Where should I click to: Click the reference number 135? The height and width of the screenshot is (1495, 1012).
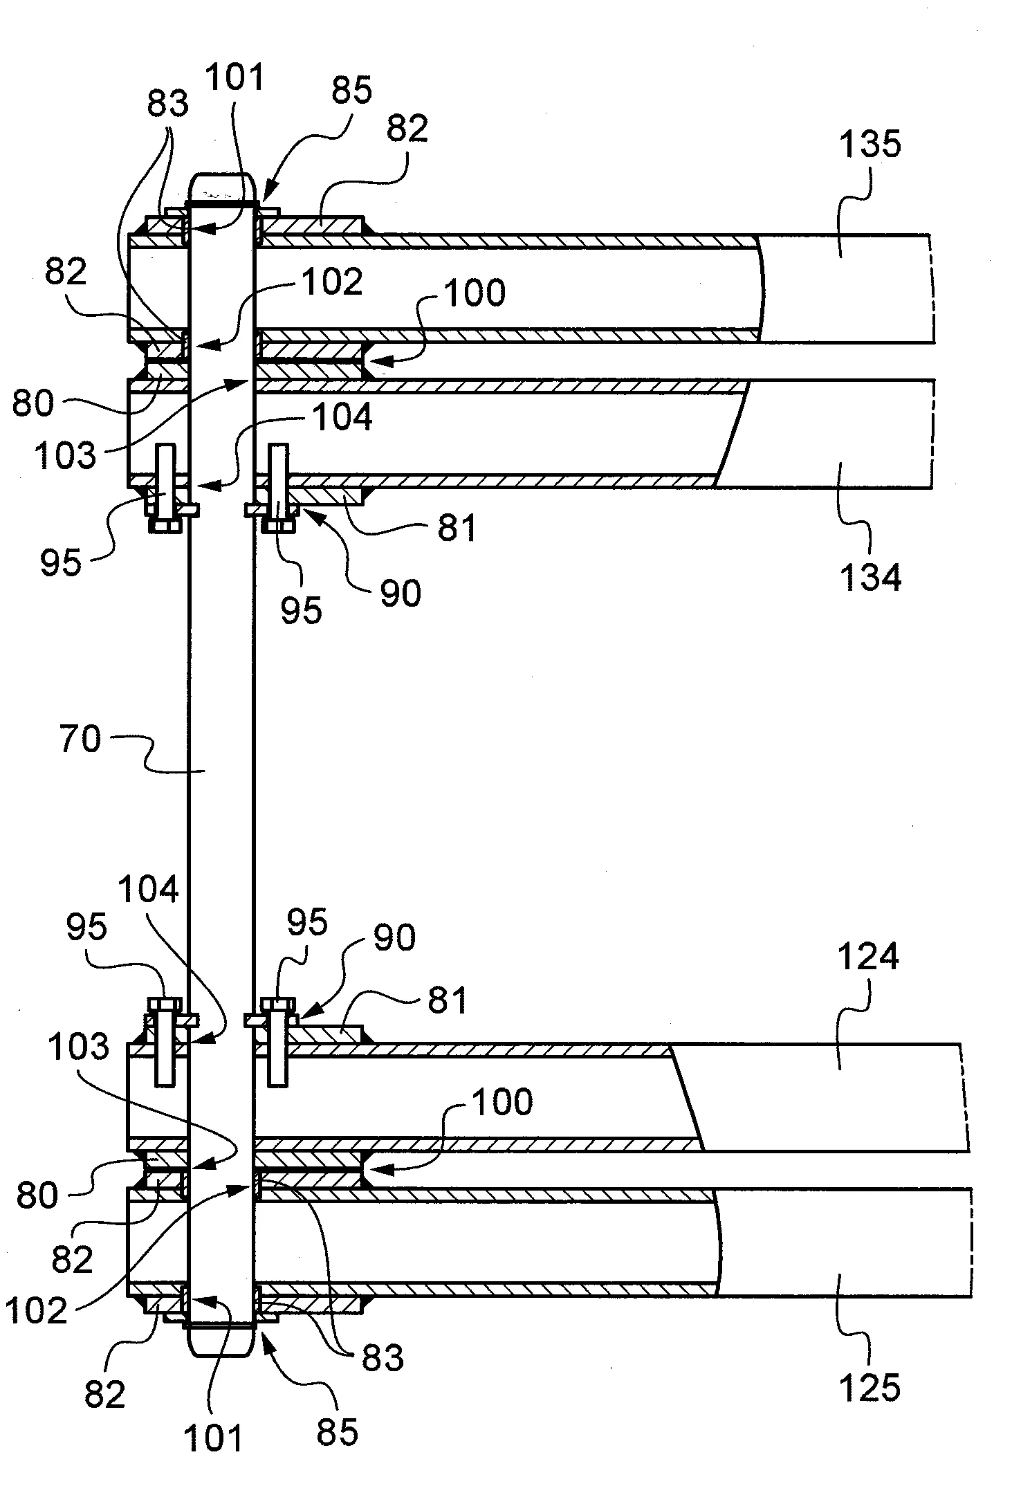(x=870, y=145)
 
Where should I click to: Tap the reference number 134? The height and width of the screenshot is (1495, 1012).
(x=870, y=576)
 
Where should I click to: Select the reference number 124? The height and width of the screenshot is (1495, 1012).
(x=868, y=957)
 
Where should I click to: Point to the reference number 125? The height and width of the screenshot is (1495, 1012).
(x=870, y=1387)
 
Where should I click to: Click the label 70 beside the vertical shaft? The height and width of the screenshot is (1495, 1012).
(x=80, y=739)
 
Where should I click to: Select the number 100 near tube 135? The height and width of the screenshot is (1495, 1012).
(x=475, y=293)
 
